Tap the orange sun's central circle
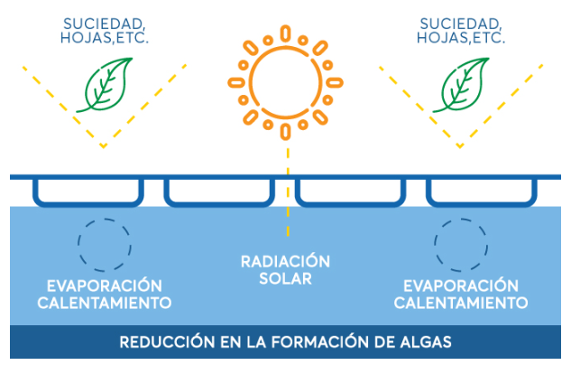point(286,78)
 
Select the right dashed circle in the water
point(462,242)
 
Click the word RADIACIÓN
point(285,262)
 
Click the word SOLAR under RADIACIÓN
point(285,279)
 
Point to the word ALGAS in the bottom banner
point(424,342)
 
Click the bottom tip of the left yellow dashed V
point(103,145)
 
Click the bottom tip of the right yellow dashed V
point(460,145)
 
